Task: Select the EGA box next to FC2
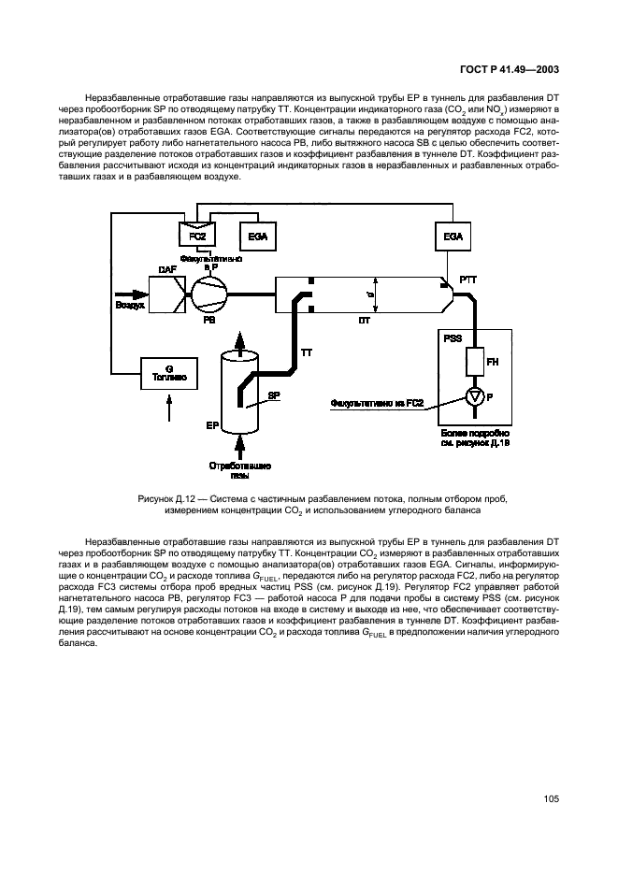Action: click(x=257, y=237)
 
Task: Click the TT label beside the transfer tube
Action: click(x=306, y=352)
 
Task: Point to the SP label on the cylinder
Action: click(x=275, y=395)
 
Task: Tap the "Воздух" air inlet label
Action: click(x=130, y=305)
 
